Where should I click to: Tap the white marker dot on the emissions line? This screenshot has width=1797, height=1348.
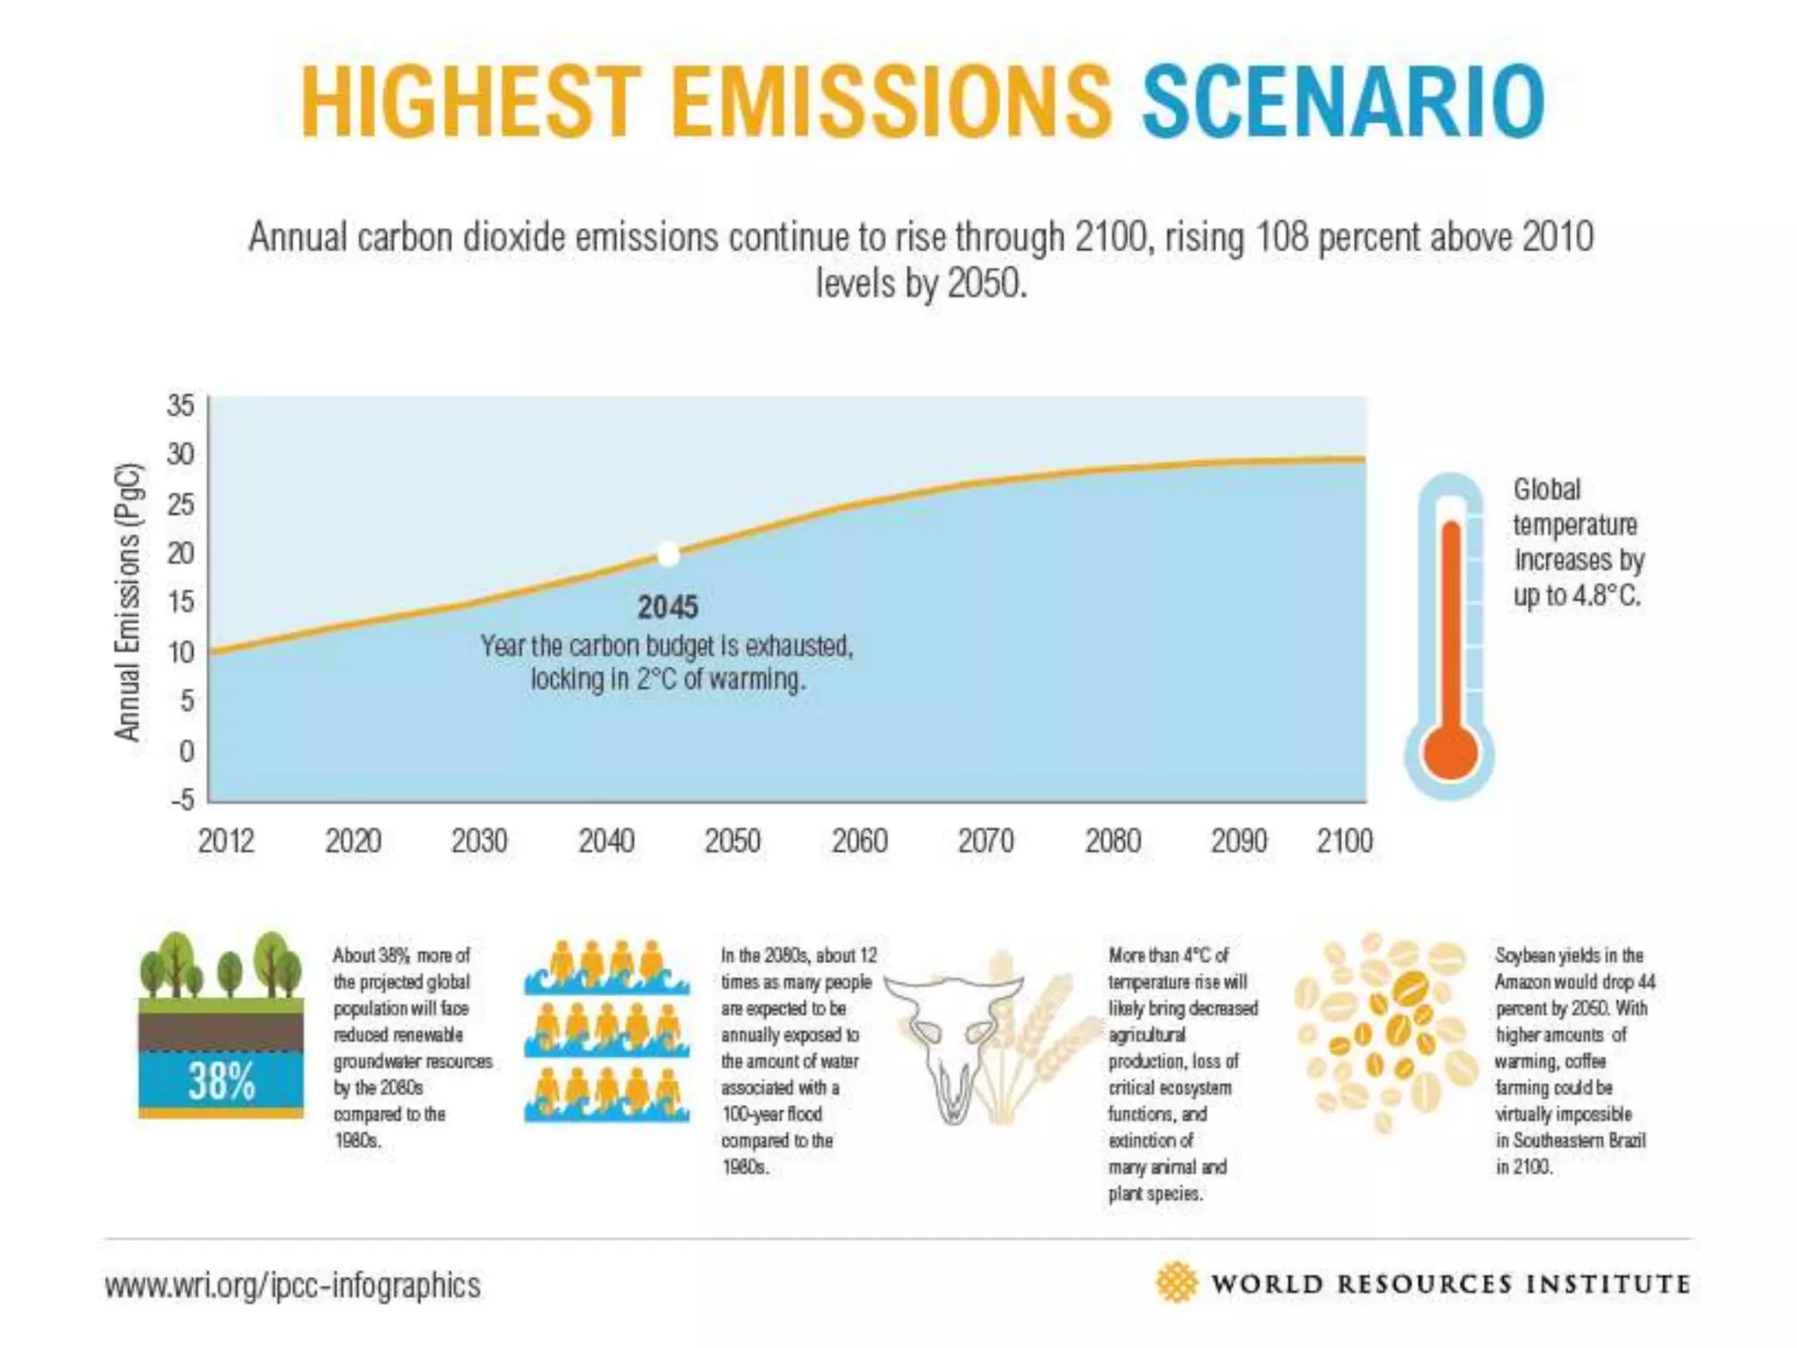pyautogui.click(x=669, y=555)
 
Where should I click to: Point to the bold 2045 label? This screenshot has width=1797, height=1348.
pyautogui.click(x=668, y=607)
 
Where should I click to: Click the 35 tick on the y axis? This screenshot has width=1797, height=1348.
pyautogui.click(x=181, y=405)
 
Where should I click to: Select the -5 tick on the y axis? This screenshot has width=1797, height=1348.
pyautogui.click(x=182, y=799)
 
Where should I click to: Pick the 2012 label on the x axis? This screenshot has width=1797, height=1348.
pyautogui.click(x=226, y=841)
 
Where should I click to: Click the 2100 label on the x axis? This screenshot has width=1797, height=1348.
pyautogui.click(x=1344, y=841)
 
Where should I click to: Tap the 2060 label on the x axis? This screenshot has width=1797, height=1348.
pyautogui.click(x=859, y=841)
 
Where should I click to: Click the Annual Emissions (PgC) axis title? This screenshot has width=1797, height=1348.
pyautogui.click(x=128, y=601)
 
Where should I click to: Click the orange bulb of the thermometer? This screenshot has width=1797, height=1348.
pyautogui.click(x=1450, y=753)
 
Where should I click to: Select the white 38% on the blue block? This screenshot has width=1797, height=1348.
pyautogui.click(x=221, y=1080)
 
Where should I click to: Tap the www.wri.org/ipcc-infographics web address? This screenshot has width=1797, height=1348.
pyautogui.click(x=292, y=1286)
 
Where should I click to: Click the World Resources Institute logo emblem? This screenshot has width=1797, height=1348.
pyautogui.click(x=1177, y=1283)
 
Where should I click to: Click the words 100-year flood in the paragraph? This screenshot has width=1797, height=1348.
pyautogui.click(x=771, y=1114)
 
